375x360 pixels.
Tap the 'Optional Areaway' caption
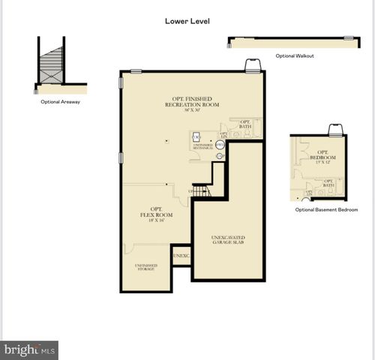[x=61, y=101]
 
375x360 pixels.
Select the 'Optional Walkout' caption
[x=295, y=55]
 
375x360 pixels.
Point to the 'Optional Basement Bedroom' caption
[x=327, y=210]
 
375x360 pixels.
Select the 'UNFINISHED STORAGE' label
[x=145, y=267]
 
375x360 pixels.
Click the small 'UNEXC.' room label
[x=181, y=256]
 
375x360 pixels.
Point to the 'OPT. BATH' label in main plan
[x=244, y=124]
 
